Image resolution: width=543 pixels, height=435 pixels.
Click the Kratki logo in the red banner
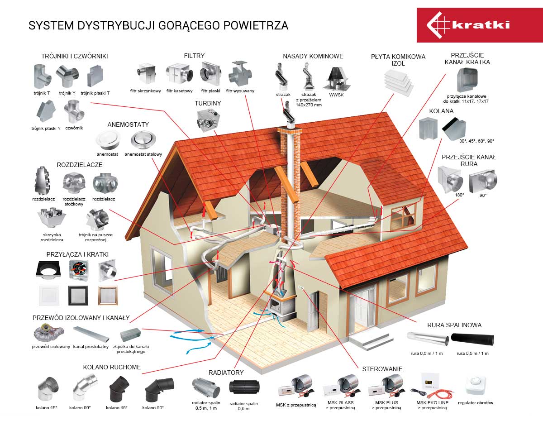click(x=468, y=25)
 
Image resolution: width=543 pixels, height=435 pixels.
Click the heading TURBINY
click(x=208, y=103)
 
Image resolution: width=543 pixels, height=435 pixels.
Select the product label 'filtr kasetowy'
click(x=179, y=91)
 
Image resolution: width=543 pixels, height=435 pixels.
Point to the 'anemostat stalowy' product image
click(x=143, y=139)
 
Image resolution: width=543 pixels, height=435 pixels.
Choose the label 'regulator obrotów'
click(x=476, y=402)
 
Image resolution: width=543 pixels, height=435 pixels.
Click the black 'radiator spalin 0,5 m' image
click(x=244, y=387)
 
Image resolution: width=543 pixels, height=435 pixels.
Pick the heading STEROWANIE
click(x=382, y=369)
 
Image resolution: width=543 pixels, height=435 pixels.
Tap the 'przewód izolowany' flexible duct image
click(x=48, y=333)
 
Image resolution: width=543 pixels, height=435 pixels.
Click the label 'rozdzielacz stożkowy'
click(x=74, y=201)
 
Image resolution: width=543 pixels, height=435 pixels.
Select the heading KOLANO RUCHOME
click(x=112, y=367)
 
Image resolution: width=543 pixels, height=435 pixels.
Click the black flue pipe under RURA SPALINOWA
click(x=472, y=339)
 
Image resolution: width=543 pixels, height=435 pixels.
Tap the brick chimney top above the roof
click(x=290, y=131)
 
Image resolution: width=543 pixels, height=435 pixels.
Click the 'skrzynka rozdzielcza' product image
click(x=52, y=217)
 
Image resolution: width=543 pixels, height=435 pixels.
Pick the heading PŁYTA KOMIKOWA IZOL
click(x=398, y=60)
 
